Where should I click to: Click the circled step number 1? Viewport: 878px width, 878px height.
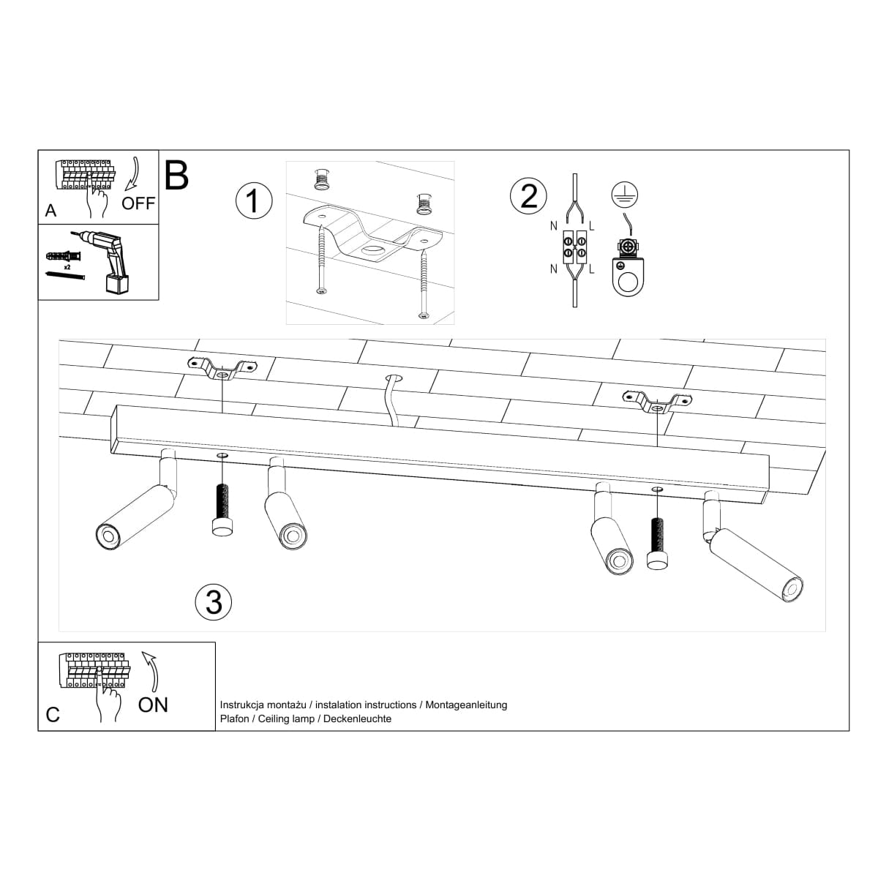(254, 200)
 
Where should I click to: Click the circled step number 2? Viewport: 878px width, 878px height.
(528, 196)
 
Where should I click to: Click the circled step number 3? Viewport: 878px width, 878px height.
(214, 601)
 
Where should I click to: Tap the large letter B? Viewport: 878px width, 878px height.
(176, 176)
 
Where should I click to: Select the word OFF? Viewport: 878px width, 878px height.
(138, 203)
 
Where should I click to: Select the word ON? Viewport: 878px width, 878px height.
(153, 705)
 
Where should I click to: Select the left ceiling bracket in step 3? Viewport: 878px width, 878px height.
(222, 367)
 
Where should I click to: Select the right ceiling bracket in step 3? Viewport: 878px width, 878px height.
(656, 401)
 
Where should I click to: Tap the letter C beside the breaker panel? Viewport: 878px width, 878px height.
(53, 714)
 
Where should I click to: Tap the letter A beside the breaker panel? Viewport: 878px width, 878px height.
(50, 211)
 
